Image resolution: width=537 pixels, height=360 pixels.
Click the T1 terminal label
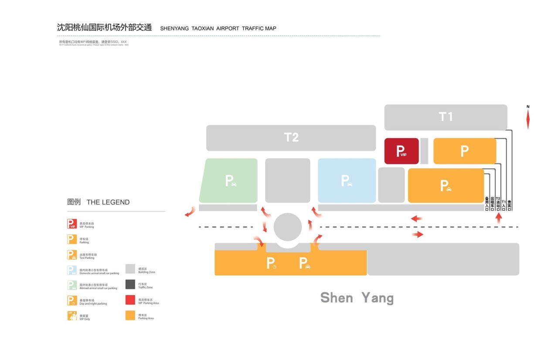pos(445,117)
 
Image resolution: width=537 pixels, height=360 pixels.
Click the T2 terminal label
pos(291,137)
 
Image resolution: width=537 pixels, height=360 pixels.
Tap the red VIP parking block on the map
pos(401,151)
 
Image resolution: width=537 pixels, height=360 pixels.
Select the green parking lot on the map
pos(229,180)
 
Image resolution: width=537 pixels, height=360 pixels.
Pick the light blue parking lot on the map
pos(347,180)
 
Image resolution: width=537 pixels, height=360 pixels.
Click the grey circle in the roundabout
pos(288,227)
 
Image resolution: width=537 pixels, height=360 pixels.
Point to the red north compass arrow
pos(528,119)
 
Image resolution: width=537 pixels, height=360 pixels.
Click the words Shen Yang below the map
pos(357,298)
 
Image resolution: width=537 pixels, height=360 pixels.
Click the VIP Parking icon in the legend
pos(72,224)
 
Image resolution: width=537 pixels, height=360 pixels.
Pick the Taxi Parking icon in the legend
pos(72,255)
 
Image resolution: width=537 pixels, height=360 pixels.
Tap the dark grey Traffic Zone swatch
pos(130,285)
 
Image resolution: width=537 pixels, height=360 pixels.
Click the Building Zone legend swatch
pos(130,269)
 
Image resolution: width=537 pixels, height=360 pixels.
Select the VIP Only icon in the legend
pos(72,316)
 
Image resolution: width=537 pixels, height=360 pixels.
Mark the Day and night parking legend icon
pos(72,300)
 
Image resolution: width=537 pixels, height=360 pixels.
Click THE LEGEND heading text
pos(108,202)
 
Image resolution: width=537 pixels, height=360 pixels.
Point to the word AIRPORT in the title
pos(228,29)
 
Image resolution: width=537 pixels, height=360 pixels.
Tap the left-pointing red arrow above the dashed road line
pos(416,218)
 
